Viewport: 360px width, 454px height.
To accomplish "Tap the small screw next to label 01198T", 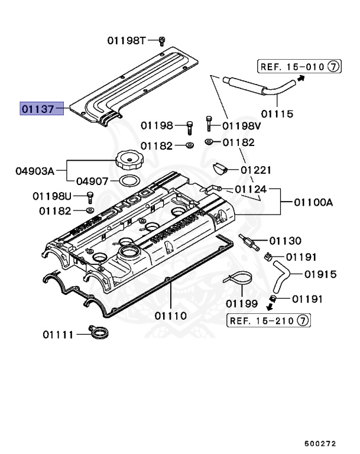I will click(x=161, y=41).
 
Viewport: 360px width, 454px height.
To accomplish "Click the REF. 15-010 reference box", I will click(x=299, y=67).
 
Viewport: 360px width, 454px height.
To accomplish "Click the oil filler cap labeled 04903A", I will click(x=129, y=160).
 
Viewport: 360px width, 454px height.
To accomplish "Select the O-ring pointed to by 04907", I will click(x=129, y=180).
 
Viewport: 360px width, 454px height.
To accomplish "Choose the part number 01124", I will click(x=250, y=189).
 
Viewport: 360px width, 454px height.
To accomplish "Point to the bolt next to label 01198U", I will click(x=90, y=196).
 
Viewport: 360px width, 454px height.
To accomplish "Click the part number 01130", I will click(x=285, y=241).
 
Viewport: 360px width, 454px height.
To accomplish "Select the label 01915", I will click(x=320, y=274).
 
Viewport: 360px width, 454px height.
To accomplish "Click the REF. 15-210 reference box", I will click(x=269, y=320).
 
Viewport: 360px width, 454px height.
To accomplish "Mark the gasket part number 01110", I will click(x=171, y=316).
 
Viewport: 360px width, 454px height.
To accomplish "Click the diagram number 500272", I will click(x=320, y=442).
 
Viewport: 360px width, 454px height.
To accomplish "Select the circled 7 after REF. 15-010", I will click(x=333, y=67).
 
